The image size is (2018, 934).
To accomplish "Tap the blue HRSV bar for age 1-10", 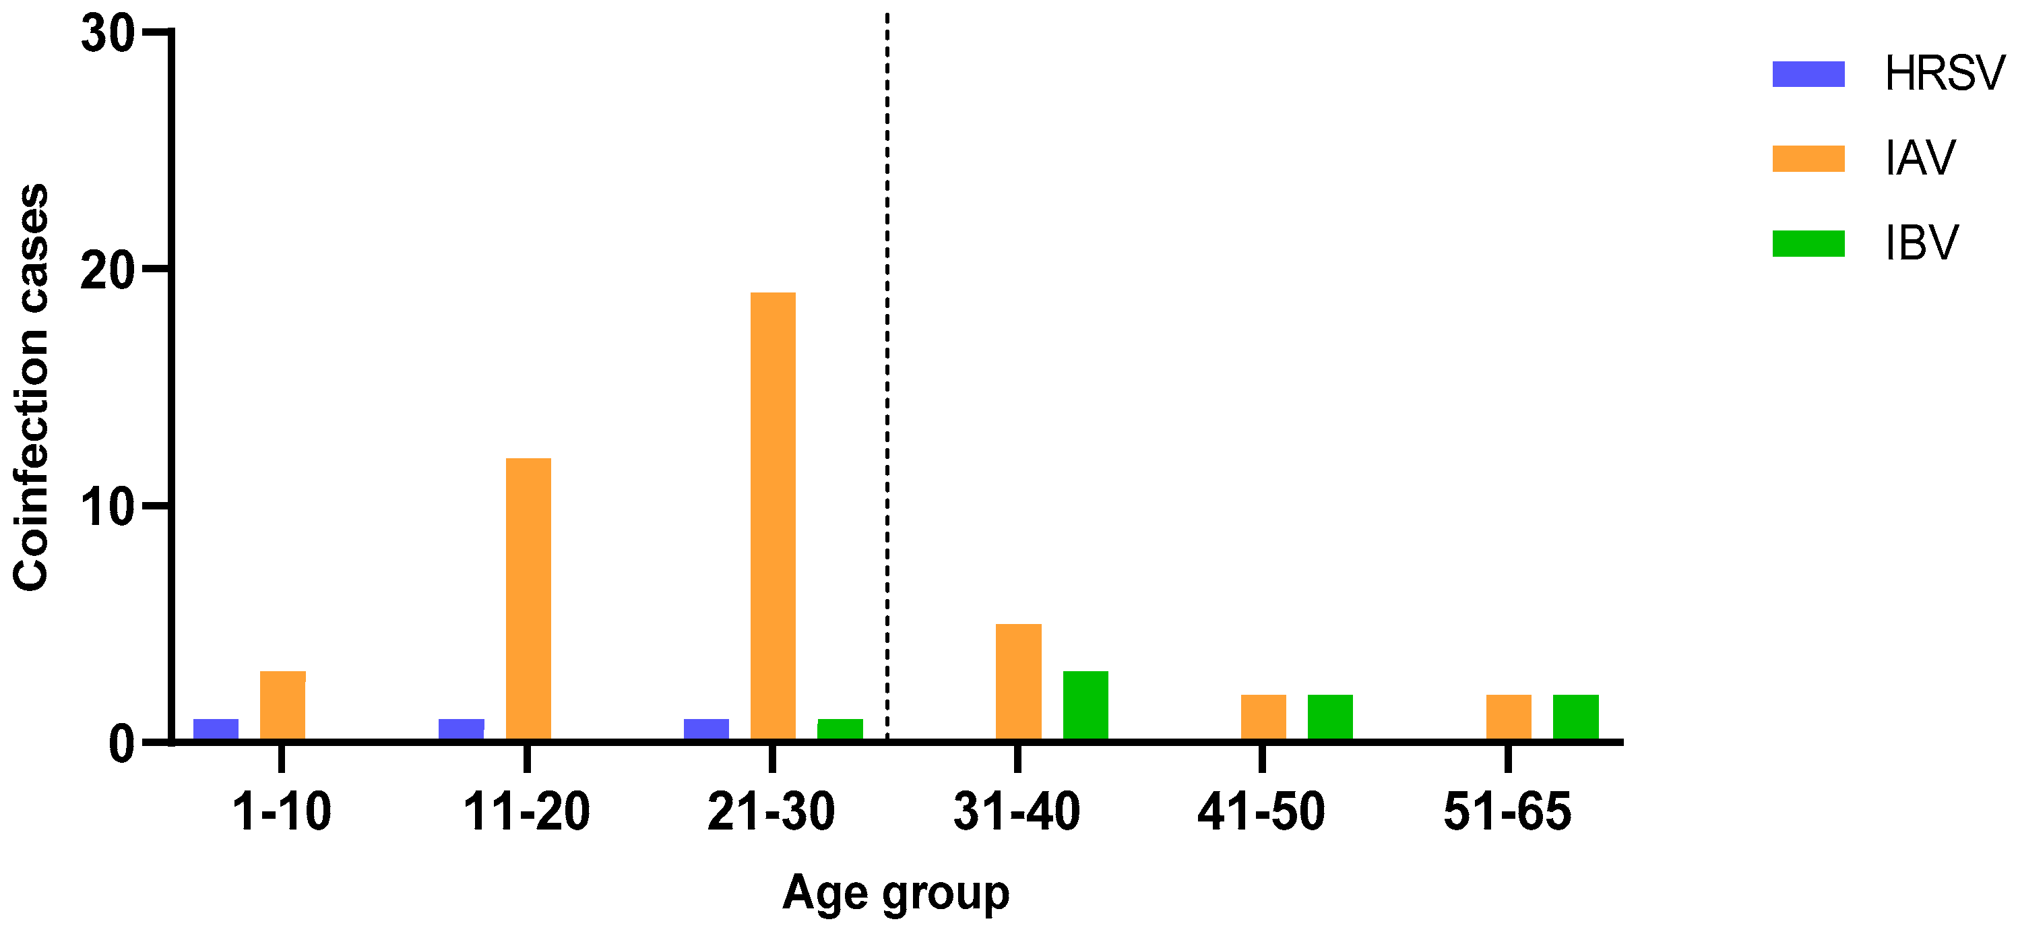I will pos(216,728).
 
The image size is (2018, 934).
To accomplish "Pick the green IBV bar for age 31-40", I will pos(1085,705).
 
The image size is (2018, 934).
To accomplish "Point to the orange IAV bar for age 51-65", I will pos(1508,717).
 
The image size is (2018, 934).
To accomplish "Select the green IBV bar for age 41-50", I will pos(1329,717).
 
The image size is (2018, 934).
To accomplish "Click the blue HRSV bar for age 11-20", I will pos(461,728).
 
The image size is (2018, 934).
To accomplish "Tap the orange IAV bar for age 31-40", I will pos(1017,682).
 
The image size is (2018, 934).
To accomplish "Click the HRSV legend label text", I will pos(1944,73).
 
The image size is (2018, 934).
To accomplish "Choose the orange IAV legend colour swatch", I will pos(1808,158).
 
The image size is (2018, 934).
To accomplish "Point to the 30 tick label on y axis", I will pos(107,34).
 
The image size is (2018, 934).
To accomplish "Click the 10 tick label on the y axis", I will pos(107,507).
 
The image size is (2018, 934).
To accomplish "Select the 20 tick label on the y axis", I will pos(107,272).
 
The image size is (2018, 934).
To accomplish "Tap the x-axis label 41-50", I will pos(1261,812).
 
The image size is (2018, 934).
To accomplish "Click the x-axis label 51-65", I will pos(1507,812).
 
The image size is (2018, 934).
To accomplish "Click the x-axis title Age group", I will pos(895,894).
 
